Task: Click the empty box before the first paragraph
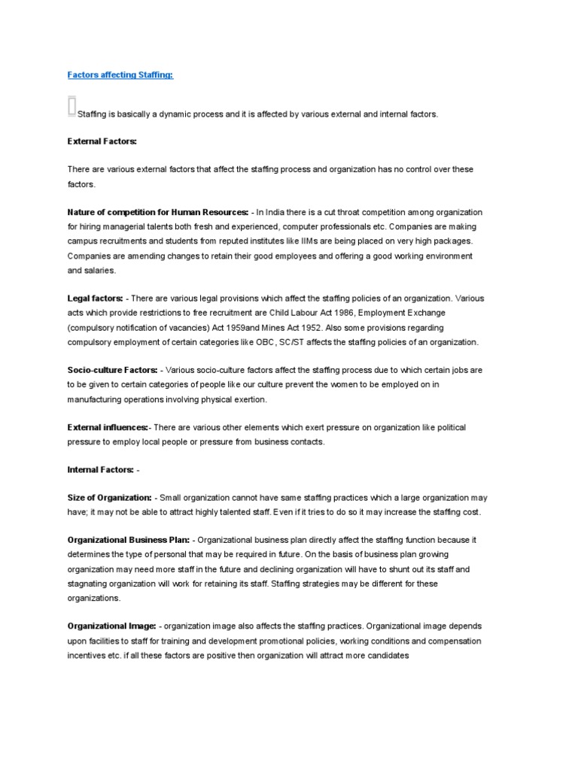[x=71, y=107]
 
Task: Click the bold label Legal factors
[x=96, y=299]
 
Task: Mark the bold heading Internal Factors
[x=101, y=470]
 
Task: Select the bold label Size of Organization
[x=110, y=499]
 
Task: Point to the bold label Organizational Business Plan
[x=132, y=541]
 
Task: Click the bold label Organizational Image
[x=112, y=626]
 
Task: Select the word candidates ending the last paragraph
[x=387, y=655]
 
